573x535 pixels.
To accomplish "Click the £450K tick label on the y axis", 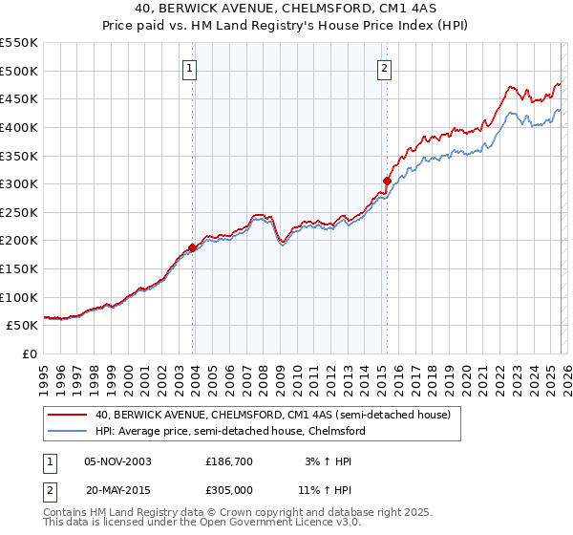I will (19, 98).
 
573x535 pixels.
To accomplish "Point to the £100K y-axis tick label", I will (19, 297).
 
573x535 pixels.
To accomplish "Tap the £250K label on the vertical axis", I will (19, 212).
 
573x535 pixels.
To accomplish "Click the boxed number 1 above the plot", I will (191, 68).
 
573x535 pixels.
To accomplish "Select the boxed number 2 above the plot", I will (384, 68).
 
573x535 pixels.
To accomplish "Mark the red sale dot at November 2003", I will (193, 247).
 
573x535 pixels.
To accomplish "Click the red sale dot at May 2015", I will (387, 181).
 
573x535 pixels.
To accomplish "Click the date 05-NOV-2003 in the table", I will (117, 460).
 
